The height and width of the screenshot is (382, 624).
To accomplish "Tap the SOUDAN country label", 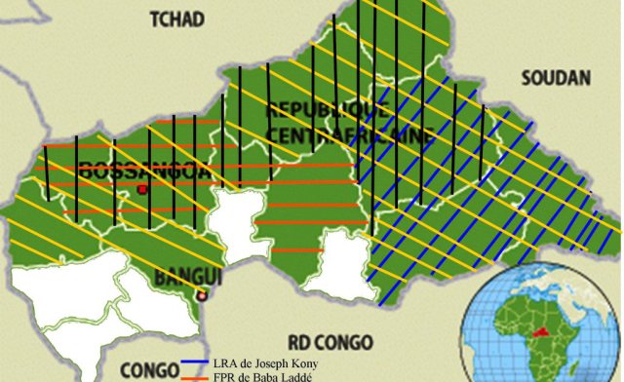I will pos(557,78).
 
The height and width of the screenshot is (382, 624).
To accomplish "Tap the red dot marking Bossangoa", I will pos(141,189).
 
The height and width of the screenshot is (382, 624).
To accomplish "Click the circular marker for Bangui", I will pos(201,295).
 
